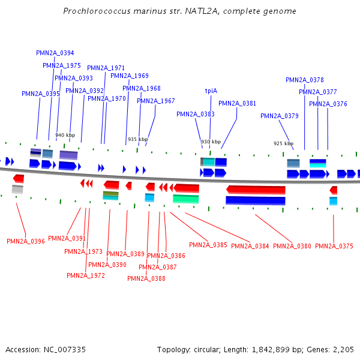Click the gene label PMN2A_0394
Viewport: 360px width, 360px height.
(x=55, y=53)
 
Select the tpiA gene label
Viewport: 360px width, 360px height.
(x=211, y=91)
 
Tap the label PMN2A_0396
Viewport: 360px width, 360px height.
(x=26, y=241)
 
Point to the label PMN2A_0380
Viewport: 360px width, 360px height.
(x=292, y=246)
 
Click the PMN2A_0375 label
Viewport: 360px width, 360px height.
(x=334, y=246)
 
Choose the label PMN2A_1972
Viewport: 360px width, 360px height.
(x=86, y=275)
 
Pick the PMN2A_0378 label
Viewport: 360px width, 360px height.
(x=305, y=80)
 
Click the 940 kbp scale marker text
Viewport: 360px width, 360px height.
(x=65, y=135)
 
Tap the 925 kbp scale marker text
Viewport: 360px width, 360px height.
(x=283, y=143)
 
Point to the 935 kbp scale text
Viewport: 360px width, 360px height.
(x=137, y=139)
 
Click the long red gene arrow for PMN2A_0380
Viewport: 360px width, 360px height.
(x=256, y=190)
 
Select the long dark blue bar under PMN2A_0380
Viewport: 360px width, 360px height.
(x=255, y=200)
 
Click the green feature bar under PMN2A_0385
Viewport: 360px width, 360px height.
(x=186, y=199)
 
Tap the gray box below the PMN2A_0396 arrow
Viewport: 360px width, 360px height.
(x=17, y=190)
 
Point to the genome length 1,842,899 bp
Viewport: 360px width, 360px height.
(x=265, y=349)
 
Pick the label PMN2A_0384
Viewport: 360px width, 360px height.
(x=250, y=246)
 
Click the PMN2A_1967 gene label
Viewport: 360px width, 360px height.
(x=156, y=101)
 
